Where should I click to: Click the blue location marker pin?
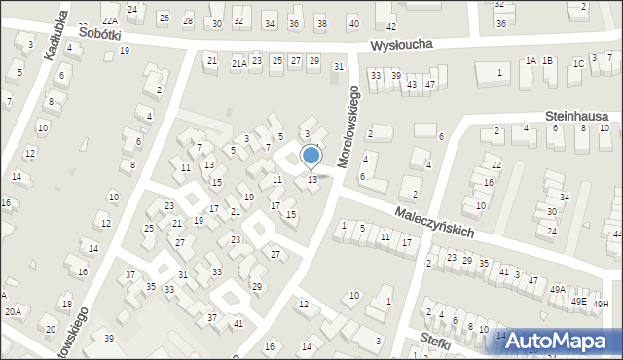click(311, 156)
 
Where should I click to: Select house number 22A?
click(110, 20)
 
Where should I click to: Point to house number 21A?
click(238, 63)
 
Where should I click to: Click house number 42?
click(390, 27)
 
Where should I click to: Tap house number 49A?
click(557, 290)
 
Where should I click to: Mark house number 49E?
click(579, 302)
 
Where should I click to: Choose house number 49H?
click(603, 305)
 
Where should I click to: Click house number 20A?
click(13, 312)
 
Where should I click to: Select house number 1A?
click(531, 61)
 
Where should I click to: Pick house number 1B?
click(548, 61)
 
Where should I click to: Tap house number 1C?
click(578, 64)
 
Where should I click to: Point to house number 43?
click(412, 85)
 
